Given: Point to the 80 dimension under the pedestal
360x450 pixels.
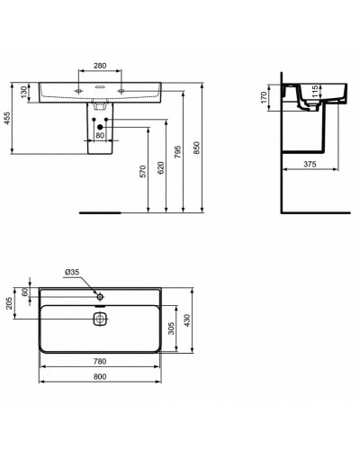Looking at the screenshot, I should coord(100,136).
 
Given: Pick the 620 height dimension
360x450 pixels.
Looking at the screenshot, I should coord(162,167).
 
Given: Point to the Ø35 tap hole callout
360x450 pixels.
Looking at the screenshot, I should coord(73,272).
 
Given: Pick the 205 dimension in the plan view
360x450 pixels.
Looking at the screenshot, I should coord(9,303).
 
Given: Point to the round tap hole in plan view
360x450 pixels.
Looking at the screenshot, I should coord(101,294).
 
